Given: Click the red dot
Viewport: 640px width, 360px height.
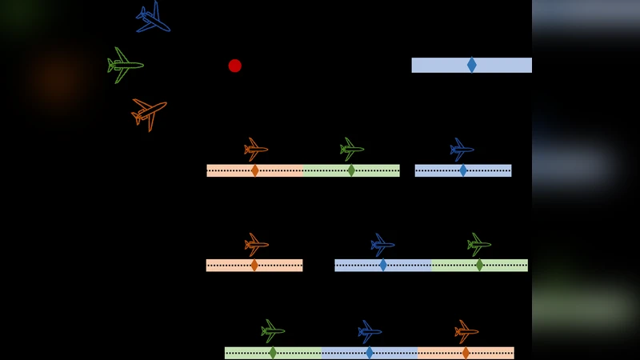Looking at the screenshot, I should click(234, 66).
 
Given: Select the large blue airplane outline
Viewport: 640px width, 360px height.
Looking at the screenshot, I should click(152, 18).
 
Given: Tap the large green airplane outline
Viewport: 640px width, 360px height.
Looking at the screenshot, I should click(125, 65).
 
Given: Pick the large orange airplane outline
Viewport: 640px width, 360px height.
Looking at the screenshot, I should click(149, 113).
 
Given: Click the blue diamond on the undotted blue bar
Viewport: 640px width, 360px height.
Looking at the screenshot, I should click(472, 65).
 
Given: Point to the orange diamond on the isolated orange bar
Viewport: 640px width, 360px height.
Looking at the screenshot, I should click(254, 265).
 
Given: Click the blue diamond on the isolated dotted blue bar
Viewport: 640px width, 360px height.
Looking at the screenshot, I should click(463, 170).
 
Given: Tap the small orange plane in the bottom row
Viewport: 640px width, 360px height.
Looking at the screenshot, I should click(466, 331).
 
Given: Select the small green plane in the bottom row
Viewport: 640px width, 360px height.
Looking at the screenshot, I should click(273, 331).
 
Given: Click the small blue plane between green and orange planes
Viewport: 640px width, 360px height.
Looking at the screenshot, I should click(370, 331).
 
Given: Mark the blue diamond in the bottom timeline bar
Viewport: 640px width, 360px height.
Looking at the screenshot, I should click(370, 353).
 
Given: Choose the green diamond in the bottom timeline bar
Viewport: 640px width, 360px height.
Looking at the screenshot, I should click(273, 353).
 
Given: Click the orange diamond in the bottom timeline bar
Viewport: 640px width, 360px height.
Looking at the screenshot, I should click(466, 353).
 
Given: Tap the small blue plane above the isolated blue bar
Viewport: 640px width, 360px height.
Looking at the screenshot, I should click(462, 150).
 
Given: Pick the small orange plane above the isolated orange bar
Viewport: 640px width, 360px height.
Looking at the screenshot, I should click(256, 245).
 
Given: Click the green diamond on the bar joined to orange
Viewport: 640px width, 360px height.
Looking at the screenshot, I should click(351, 170).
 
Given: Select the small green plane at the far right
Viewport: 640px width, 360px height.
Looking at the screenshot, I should click(479, 245).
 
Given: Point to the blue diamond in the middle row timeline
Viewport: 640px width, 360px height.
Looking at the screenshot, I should click(383, 265).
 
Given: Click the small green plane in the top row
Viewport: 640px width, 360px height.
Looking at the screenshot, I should click(352, 149).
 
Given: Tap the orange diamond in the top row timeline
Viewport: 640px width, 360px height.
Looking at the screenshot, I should click(255, 170).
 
